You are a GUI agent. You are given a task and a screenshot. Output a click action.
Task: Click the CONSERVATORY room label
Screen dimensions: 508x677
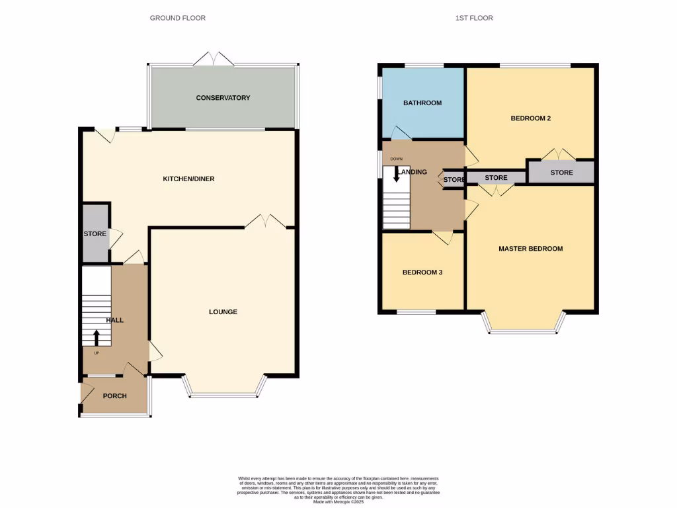click(x=223, y=98)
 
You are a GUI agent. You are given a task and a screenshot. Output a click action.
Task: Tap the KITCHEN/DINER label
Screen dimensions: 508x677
click(x=188, y=179)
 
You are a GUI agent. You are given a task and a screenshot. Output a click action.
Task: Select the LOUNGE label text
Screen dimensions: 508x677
click(x=223, y=312)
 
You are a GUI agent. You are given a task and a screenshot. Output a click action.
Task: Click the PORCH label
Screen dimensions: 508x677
click(x=114, y=396)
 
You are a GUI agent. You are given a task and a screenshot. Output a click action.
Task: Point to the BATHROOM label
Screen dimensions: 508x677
click(x=422, y=103)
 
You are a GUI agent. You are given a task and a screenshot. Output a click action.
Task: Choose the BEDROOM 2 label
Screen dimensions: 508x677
click(x=530, y=118)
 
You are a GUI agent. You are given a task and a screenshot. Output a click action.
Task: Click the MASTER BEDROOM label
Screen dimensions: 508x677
click(x=530, y=249)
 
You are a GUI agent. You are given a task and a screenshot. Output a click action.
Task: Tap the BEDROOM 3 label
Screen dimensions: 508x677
click(x=422, y=272)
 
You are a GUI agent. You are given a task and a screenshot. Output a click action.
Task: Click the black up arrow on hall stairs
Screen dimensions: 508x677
click(x=96, y=337)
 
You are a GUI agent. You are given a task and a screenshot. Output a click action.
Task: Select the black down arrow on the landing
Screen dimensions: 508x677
click(x=396, y=174)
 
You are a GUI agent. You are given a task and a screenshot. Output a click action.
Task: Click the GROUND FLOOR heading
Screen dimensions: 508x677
click(x=177, y=18)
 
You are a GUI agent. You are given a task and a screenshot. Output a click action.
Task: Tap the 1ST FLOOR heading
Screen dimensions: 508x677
click(x=473, y=18)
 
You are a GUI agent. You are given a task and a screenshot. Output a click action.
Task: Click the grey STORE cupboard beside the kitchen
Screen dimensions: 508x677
click(x=95, y=234)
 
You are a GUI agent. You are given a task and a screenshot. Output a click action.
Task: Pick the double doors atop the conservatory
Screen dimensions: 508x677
click(x=213, y=59)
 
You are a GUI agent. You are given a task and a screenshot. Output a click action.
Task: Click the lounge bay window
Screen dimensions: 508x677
click(x=223, y=395)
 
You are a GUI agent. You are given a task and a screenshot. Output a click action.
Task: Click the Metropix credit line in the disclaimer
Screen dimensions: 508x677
click(x=338, y=502)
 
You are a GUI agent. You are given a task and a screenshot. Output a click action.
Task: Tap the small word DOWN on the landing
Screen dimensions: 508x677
click(x=396, y=159)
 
